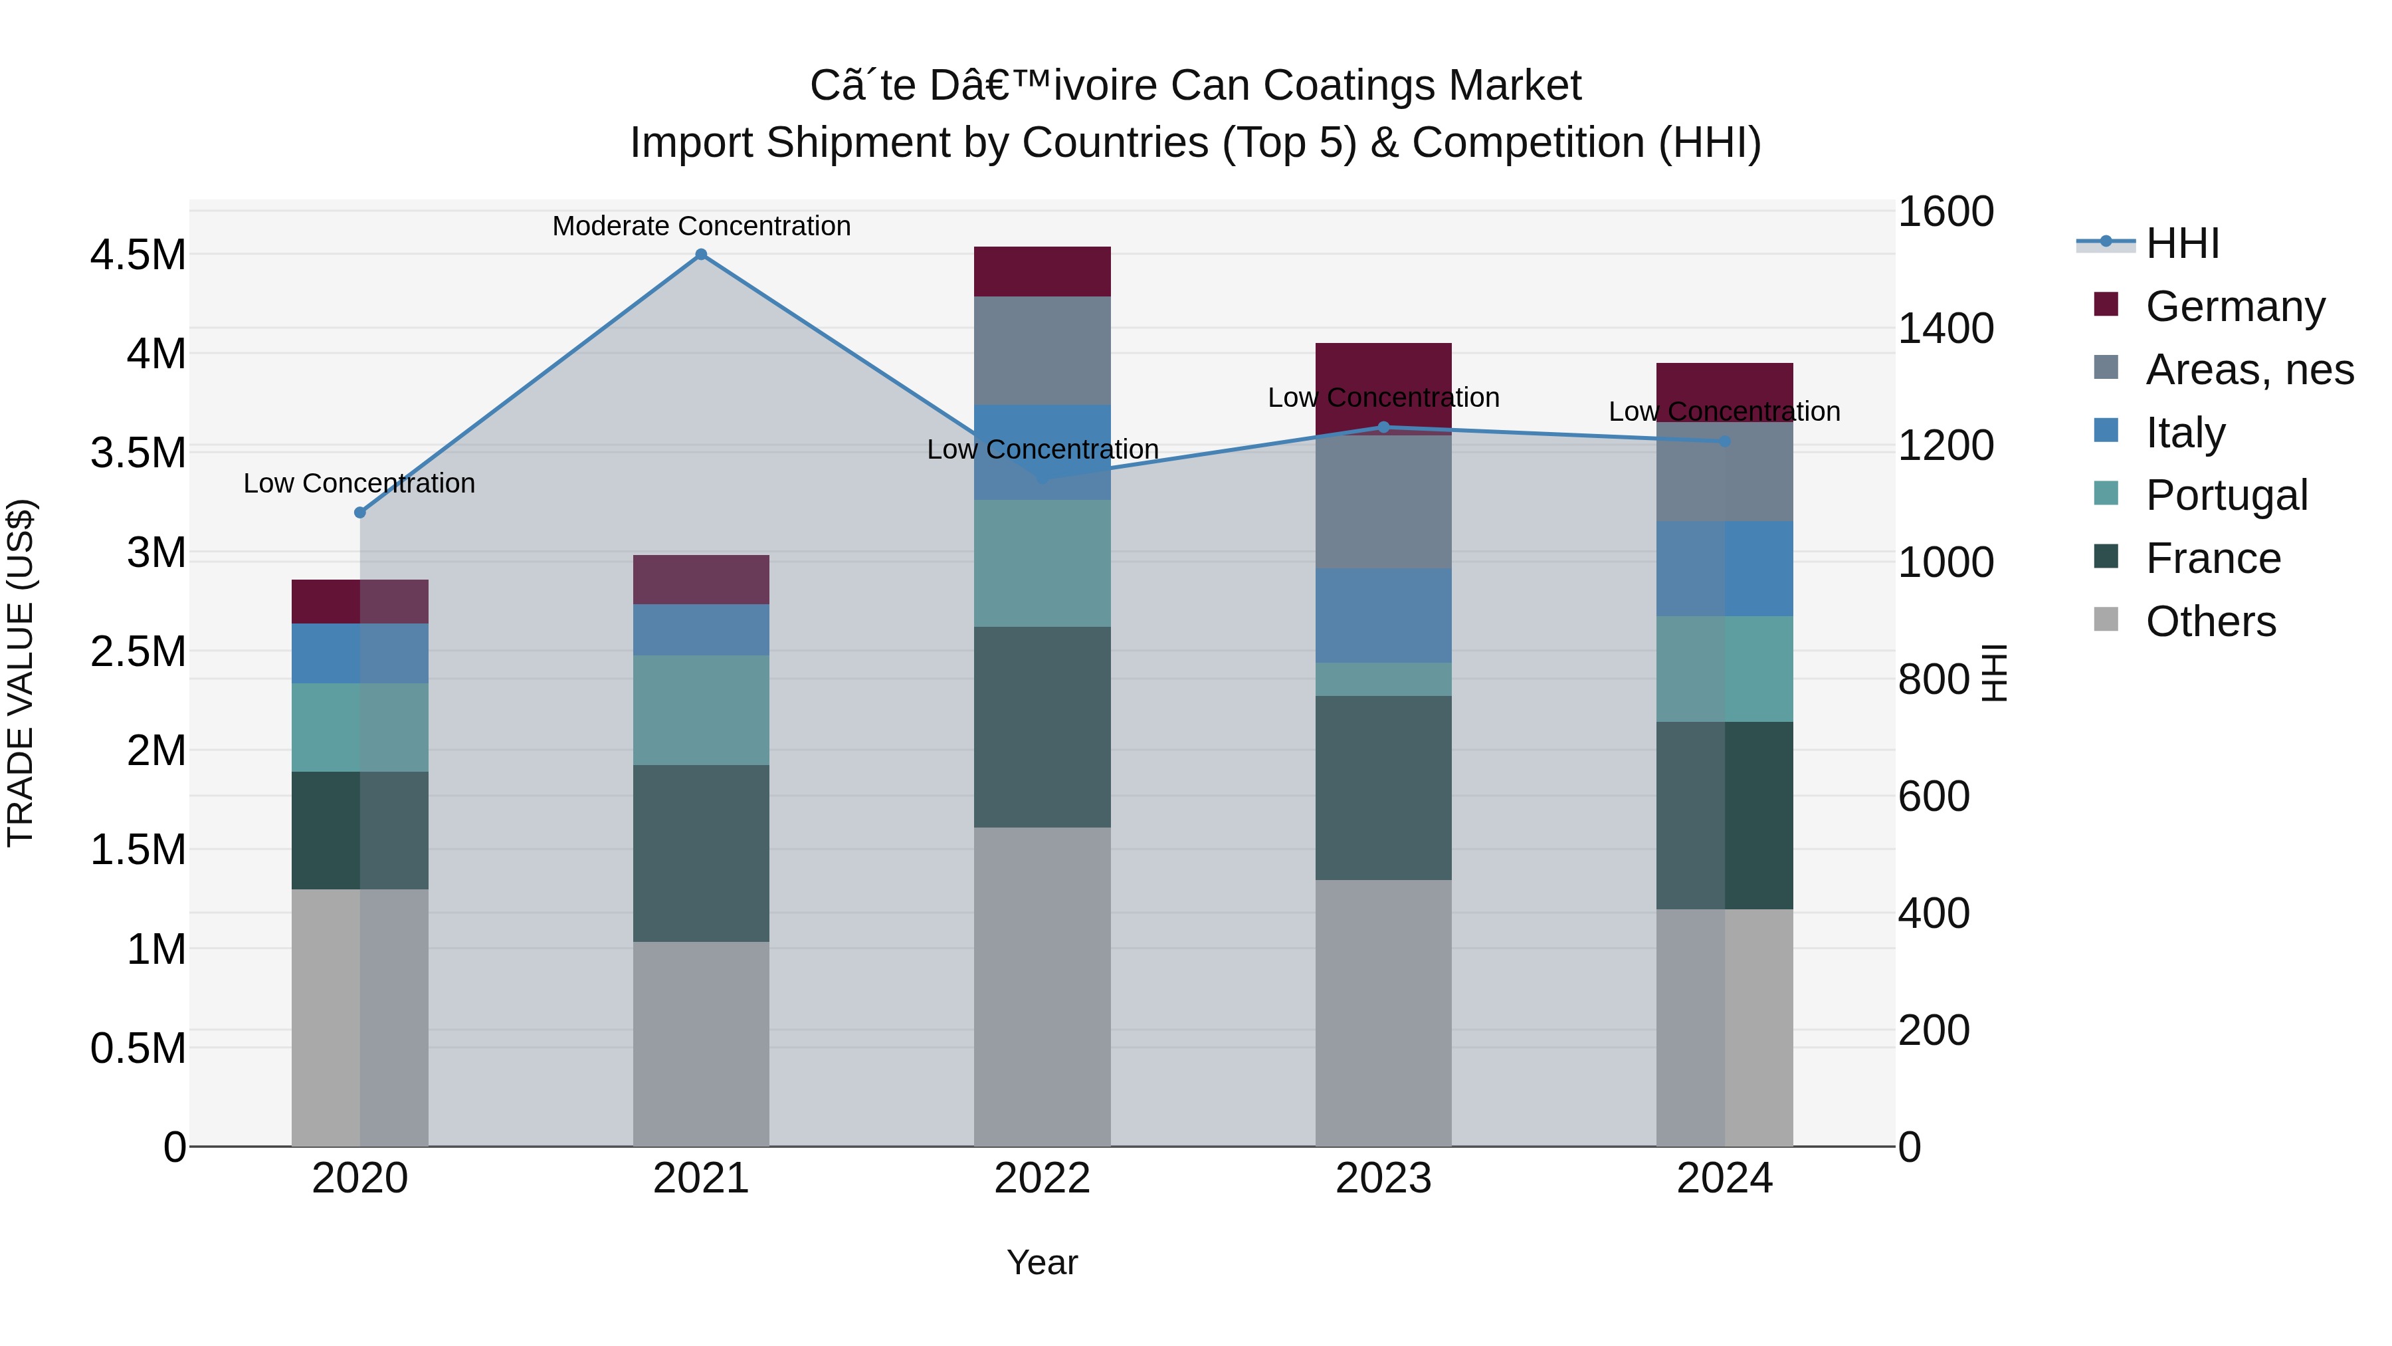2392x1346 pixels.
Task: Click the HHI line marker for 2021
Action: [x=701, y=255]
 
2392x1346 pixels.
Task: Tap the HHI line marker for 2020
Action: [x=360, y=512]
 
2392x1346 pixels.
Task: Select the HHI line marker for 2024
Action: [x=1724, y=441]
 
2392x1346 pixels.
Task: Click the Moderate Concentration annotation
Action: [x=701, y=226]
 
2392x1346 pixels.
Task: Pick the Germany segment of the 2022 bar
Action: [x=1042, y=271]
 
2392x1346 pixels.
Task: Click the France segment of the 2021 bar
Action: [x=701, y=853]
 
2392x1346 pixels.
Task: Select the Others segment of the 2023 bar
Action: [x=1383, y=1012]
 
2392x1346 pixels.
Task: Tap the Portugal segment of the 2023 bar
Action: [x=1383, y=679]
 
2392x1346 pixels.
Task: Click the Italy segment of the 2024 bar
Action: [x=1724, y=568]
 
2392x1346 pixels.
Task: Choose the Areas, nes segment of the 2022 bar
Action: [x=1042, y=350]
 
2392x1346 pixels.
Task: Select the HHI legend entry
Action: [x=2182, y=243]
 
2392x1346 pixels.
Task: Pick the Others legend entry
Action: [x=2210, y=621]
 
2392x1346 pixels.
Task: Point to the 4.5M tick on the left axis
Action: [x=138, y=255]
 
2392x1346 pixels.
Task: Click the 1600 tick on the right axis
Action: [x=1944, y=212]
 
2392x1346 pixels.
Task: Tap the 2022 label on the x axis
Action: [x=1042, y=1178]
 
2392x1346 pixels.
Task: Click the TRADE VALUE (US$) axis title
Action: [x=21, y=673]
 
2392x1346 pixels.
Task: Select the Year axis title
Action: [x=1042, y=1262]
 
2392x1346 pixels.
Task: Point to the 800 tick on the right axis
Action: [x=1934, y=679]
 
